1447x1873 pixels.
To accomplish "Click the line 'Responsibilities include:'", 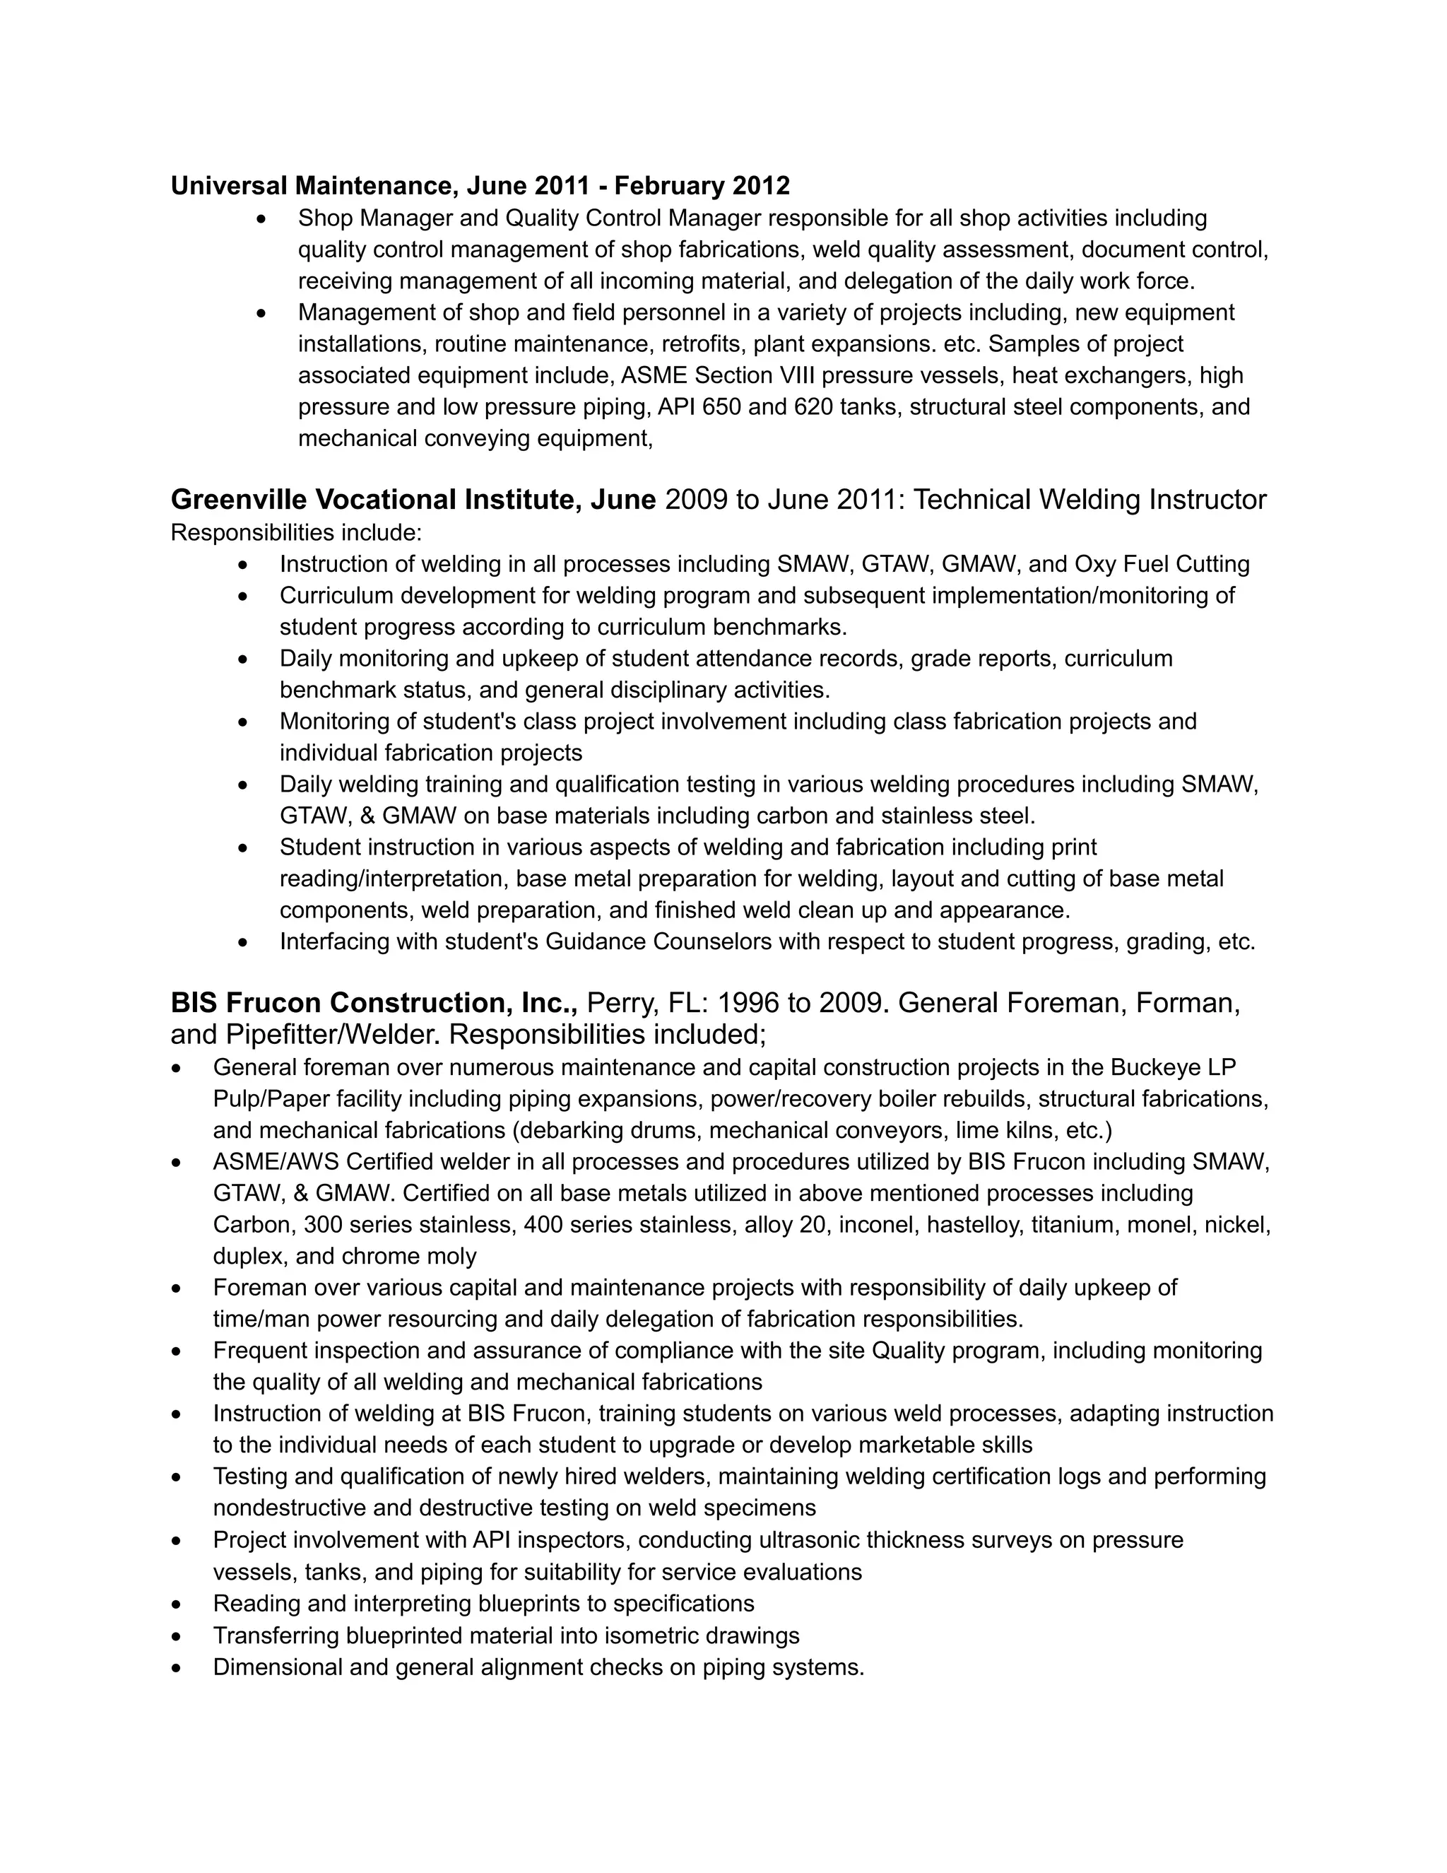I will [296, 533].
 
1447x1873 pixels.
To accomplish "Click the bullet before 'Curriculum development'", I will [244, 596].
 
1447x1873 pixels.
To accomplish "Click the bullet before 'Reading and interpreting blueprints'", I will [177, 1604].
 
